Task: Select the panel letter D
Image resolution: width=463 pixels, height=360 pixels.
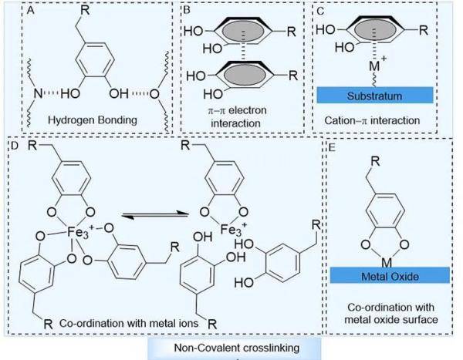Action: click(x=15, y=144)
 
